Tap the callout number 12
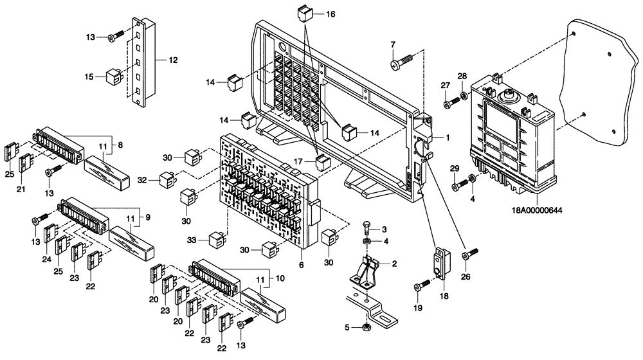pos(172,60)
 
